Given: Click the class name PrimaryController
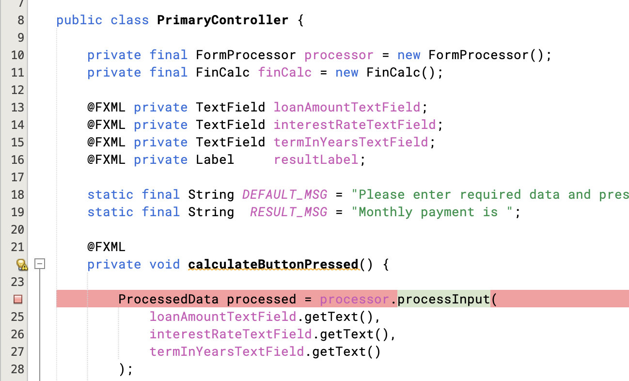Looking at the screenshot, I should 222,20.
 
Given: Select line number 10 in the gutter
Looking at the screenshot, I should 17,55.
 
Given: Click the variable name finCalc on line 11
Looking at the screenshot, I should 285,73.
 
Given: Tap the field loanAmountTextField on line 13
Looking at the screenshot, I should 347,108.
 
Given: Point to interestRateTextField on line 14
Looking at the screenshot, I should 355,125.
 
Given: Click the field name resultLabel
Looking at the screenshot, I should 316,160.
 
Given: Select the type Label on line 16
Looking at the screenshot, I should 215,160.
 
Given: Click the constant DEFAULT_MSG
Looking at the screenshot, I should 284,195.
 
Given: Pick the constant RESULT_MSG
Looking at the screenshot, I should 288,212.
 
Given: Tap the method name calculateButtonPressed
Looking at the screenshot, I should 273,265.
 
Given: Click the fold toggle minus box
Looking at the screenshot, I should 40,264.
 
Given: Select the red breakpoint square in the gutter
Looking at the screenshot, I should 18,300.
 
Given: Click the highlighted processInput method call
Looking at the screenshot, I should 443,300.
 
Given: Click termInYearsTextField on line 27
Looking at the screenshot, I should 227,352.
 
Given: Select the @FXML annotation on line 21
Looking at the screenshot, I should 106,247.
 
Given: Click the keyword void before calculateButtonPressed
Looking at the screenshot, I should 165,265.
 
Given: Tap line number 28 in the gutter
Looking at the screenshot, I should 17,369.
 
